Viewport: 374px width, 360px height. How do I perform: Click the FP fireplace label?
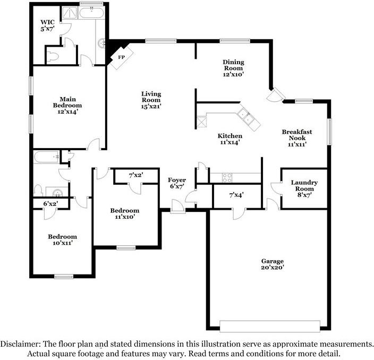tap(122, 57)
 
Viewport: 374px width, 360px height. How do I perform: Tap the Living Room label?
tap(151, 100)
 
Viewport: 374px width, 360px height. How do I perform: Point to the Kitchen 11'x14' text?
tap(231, 139)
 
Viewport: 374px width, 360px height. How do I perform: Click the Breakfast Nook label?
tap(296, 137)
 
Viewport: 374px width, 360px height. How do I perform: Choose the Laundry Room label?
tap(304, 188)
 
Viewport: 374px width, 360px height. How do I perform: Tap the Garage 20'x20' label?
tap(272, 264)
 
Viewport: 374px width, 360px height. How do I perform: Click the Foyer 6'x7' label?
tap(177, 184)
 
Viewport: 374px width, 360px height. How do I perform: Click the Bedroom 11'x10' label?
tap(125, 214)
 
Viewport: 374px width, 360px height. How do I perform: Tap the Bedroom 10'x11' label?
tap(62, 239)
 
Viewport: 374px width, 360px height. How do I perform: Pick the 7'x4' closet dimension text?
tap(236, 195)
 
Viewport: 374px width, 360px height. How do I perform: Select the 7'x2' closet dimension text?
tap(136, 175)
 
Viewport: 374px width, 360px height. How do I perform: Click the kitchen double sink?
tap(245, 116)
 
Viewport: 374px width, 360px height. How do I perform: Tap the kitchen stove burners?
tap(226, 177)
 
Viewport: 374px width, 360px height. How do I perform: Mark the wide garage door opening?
tap(270, 325)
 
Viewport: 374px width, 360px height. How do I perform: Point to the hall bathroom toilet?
tap(39, 190)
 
